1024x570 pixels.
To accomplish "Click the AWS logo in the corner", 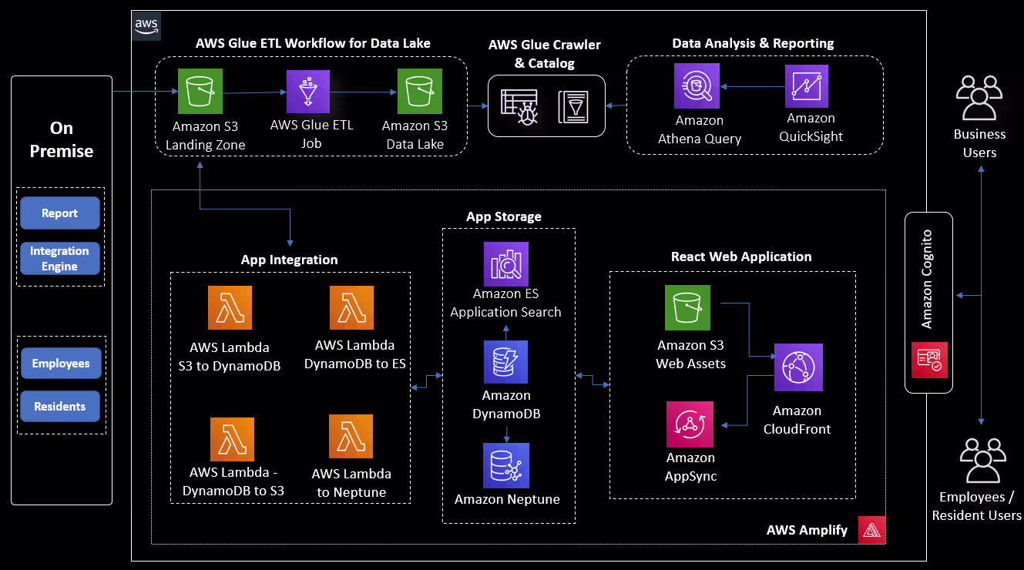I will (146, 26).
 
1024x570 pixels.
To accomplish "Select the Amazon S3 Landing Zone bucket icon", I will (200, 91).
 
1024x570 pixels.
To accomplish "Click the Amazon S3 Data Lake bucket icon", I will (420, 91).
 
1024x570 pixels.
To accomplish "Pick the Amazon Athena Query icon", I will (696, 85).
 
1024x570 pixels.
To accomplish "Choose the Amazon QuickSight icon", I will (807, 86).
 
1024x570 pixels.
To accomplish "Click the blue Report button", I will (60, 213).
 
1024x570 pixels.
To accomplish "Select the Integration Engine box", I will (60, 259).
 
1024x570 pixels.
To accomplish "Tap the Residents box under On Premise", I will (60, 406).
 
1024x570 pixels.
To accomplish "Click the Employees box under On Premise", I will (60, 364).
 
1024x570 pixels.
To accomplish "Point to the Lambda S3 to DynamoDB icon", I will (230, 308).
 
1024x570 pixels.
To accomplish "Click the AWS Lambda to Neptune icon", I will (351, 437).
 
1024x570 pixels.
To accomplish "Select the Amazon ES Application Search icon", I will (505, 264).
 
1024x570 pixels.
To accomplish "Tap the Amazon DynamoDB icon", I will (505, 362).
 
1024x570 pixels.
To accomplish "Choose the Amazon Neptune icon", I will (505, 465).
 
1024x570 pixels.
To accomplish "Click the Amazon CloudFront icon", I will (798, 367).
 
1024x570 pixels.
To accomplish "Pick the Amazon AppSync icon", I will (690, 424).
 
